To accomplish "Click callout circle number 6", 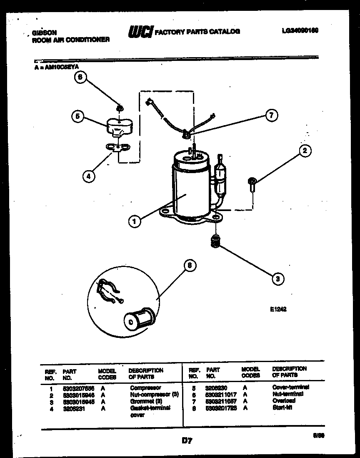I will [x=81, y=76].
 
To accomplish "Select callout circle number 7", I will [x=271, y=116].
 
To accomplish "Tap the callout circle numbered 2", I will [x=305, y=151].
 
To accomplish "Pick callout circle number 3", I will [x=277, y=279].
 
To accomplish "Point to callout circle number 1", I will [x=134, y=221].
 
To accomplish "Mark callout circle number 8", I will [x=189, y=265].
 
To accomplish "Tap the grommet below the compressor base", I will [x=215, y=242].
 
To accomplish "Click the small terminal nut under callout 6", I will [x=120, y=108].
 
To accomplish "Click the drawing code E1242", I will [x=278, y=310].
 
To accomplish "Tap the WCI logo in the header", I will [x=140, y=32].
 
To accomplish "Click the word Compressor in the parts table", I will [x=145, y=388].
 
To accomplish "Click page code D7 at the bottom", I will [x=187, y=440].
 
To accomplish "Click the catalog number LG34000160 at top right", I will [x=300, y=30].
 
